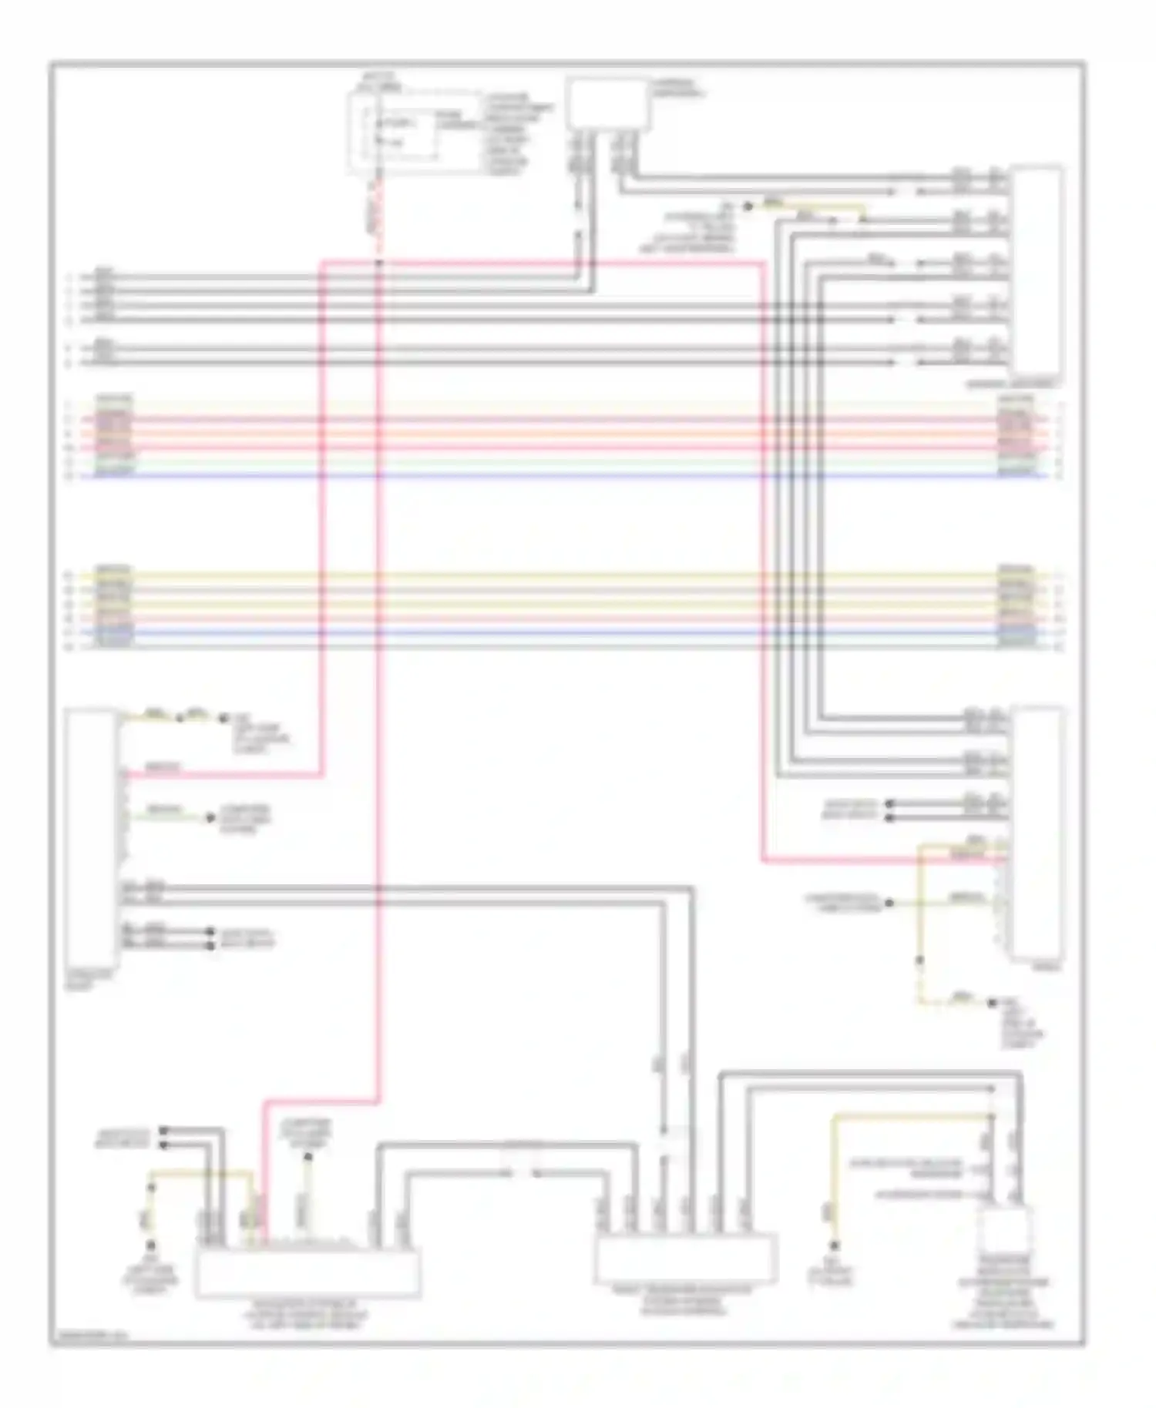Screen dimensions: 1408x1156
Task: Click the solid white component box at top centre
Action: pos(607,104)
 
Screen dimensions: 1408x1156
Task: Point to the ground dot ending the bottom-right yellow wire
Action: pos(833,1246)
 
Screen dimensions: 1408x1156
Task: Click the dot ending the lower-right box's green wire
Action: pos(889,903)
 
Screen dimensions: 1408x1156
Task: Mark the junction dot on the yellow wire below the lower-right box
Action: pos(919,960)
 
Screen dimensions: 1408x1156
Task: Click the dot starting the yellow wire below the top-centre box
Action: pos(746,206)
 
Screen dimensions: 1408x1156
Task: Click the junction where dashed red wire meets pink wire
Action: pos(378,263)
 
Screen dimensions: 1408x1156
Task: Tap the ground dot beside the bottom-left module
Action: pos(151,1246)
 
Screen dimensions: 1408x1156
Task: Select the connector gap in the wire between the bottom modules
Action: pos(523,1173)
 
